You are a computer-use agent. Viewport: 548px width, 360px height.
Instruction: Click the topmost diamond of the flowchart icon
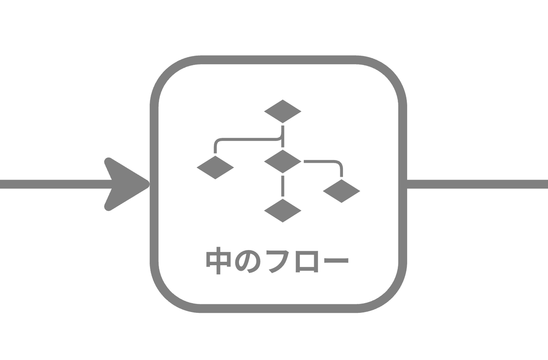(x=282, y=111)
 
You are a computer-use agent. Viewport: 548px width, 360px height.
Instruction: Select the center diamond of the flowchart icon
(x=282, y=161)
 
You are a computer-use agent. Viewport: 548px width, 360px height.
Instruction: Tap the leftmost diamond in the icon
(x=215, y=167)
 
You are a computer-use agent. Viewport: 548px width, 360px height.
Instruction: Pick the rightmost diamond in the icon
(x=341, y=191)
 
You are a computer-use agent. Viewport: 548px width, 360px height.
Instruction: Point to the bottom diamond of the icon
(x=282, y=210)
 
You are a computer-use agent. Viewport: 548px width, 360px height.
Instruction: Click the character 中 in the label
(x=218, y=261)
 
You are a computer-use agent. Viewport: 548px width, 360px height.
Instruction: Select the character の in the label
(x=248, y=261)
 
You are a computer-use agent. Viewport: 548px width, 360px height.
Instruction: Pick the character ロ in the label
(x=307, y=261)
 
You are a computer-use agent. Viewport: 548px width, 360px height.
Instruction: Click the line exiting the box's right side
(x=477, y=184)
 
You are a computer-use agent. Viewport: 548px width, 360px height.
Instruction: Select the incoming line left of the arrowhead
(x=56, y=184)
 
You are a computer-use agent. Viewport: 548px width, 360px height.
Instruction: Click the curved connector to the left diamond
(x=247, y=140)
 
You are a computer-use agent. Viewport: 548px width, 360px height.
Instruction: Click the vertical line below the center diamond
(x=282, y=186)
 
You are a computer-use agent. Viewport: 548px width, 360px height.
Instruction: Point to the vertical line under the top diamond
(x=282, y=136)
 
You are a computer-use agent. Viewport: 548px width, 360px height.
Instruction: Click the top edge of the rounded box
(x=278, y=60)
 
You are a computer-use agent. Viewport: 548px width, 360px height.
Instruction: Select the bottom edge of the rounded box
(x=278, y=308)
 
